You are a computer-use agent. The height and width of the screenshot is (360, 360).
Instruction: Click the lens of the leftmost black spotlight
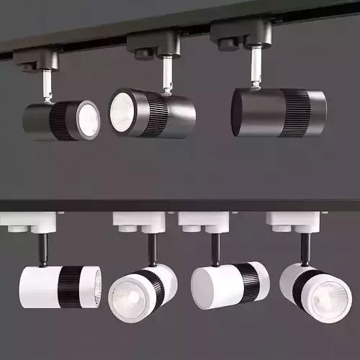point(89,120)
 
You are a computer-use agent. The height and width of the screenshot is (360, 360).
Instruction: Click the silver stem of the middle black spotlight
point(168,74)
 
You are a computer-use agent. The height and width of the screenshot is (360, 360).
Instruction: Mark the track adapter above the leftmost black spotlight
point(36,60)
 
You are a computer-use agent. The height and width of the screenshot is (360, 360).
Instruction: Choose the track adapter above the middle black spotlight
point(153,45)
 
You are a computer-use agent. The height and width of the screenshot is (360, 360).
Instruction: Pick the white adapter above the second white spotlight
point(138,222)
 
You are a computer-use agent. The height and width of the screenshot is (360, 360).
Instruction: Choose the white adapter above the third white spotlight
point(203,222)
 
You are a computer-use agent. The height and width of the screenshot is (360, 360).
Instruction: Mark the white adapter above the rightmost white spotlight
point(291,222)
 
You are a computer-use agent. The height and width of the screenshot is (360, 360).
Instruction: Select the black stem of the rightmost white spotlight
point(305,249)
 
